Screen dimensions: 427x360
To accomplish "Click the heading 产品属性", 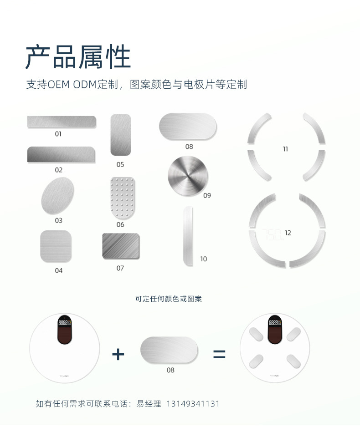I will [x=78, y=56].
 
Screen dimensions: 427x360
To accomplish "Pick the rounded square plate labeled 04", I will [x=56, y=246].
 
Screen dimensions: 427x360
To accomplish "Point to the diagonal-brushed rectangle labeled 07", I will [x=121, y=246].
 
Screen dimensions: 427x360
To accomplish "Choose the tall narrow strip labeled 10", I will [x=188, y=235].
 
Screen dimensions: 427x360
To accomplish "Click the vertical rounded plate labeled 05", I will [x=121, y=135].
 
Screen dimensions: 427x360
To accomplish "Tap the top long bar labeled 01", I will [x=62, y=122].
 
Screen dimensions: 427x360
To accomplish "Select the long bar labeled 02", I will [x=61, y=155].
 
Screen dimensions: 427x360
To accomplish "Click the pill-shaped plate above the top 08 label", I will [x=188, y=127].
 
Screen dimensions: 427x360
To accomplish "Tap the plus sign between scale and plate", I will [x=118, y=354].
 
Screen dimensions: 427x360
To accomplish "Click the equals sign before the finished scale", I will [x=219, y=354].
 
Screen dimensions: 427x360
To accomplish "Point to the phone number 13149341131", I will [x=193, y=404].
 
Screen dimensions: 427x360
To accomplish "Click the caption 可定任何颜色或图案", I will [x=169, y=299].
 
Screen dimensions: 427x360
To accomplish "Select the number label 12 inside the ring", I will [x=288, y=233].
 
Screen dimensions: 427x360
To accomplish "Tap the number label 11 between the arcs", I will [x=285, y=149].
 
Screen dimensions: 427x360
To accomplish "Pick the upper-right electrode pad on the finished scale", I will [x=293, y=334].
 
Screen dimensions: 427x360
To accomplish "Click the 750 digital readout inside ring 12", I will [x=272, y=234].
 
